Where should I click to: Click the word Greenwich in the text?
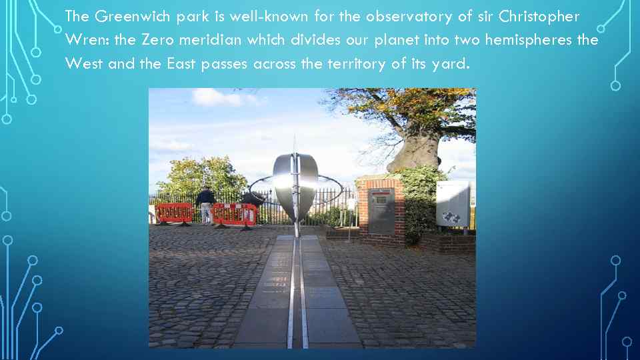pos(123,17)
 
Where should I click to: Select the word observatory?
pos(404,17)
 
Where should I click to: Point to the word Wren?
pos(87,40)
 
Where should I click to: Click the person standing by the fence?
pos(205,204)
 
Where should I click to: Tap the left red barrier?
pos(174,213)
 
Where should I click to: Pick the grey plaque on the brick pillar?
pos(381,209)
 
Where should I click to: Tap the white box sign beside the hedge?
pos(453,203)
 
